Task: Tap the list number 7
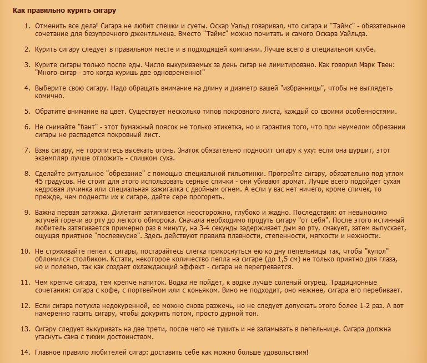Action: point(26,150)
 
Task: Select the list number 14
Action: point(24,352)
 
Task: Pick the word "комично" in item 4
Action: point(49,96)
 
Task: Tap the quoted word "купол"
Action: point(392,251)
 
